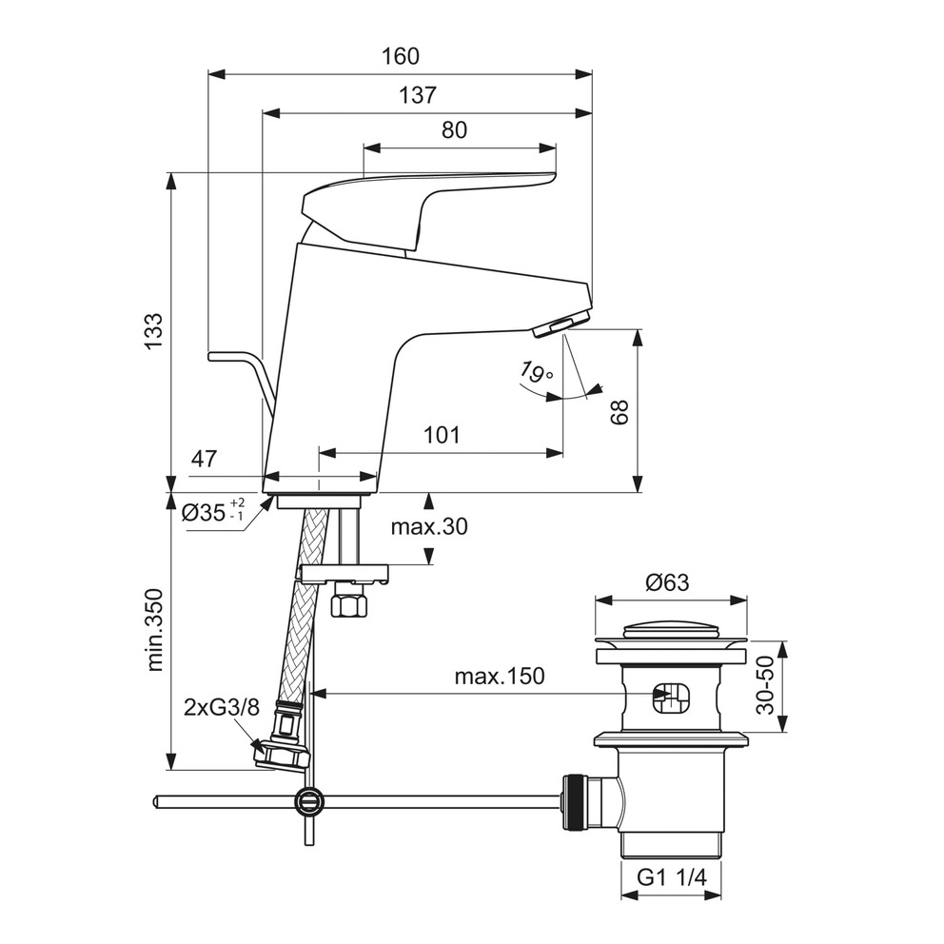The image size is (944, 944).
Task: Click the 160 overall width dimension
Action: (401, 56)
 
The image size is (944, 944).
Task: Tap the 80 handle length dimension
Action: (454, 130)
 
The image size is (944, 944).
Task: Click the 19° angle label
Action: (536, 372)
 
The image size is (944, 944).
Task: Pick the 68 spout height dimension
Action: (619, 411)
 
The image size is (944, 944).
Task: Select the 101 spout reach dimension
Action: (442, 436)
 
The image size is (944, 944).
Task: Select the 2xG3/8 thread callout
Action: (221, 707)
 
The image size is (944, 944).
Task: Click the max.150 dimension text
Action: (499, 677)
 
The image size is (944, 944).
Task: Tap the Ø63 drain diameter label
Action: (666, 582)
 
